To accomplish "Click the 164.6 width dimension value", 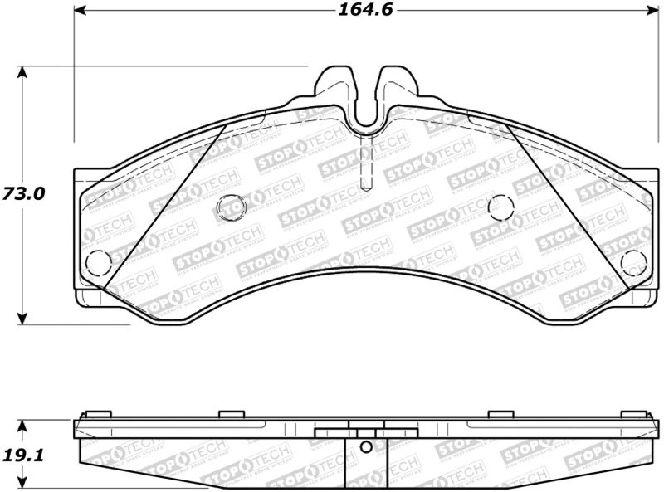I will pos(364,10).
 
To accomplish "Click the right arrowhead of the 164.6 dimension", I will pos(649,11).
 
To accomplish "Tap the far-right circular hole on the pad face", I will pos(634,262).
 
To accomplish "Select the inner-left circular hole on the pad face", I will pos(231,206).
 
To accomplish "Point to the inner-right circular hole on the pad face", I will pos(501,206).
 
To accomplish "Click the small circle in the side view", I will pos(365,448).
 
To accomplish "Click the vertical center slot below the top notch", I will pos(365,166).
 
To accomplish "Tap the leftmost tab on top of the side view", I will pos(98,414).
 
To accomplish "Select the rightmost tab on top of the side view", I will pos(633,414).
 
